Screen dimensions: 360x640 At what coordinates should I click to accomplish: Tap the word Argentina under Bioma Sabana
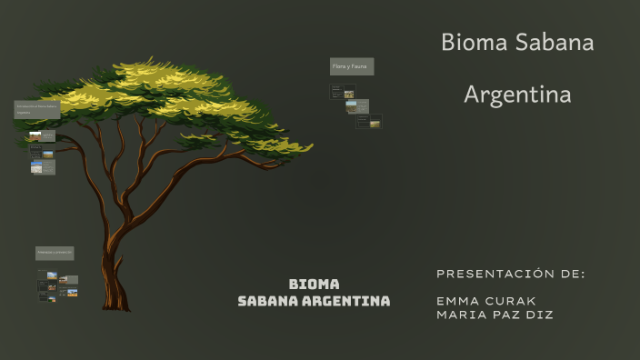tap(517, 94)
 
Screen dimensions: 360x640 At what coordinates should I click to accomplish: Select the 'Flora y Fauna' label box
tap(351, 66)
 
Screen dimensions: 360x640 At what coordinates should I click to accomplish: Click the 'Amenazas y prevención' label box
tap(55, 253)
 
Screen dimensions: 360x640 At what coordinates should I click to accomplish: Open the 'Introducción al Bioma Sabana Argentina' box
tap(36, 110)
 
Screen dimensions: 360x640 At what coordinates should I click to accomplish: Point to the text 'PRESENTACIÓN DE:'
tap(510, 274)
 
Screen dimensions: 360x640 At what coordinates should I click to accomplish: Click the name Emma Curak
tap(485, 301)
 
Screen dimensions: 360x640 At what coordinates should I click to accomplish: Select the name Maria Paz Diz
tap(495, 315)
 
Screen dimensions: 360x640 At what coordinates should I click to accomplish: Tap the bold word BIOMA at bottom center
tap(314, 285)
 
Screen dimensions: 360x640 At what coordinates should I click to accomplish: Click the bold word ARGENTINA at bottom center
tap(346, 301)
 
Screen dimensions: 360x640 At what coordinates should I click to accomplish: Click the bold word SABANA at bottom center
tap(268, 301)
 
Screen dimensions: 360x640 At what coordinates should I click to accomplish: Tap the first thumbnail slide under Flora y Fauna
tap(343, 92)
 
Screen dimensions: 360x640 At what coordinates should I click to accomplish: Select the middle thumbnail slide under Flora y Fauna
tap(356, 106)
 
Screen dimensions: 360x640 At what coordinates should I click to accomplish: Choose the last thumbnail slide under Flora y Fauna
tap(369, 121)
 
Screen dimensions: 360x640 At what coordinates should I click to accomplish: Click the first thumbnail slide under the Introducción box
tap(42, 136)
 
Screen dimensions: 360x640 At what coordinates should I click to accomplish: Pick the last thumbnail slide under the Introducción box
tap(43, 167)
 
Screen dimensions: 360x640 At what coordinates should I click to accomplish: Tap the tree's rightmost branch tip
tap(309, 146)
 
